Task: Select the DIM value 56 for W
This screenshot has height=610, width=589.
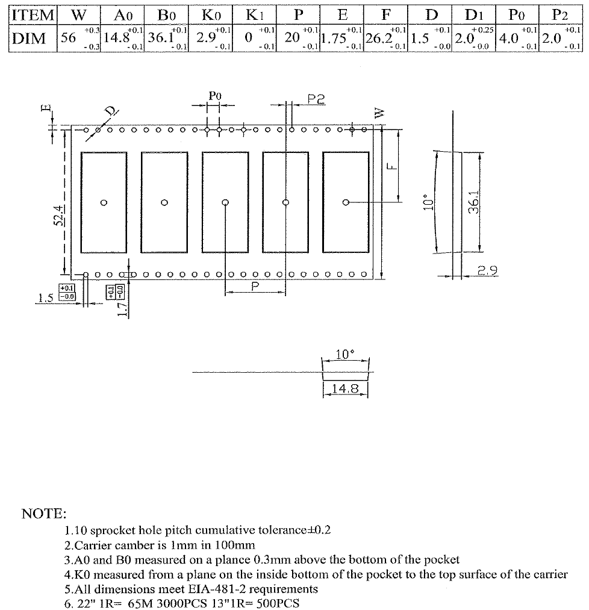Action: click(x=69, y=38)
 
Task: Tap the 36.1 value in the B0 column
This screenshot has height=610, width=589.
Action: click(x=161, y=38)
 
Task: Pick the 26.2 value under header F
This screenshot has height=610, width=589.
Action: click(x=378, y=39)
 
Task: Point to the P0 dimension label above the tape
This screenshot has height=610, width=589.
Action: click(x=214, y=96)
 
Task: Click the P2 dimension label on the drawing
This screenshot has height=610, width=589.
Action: click(x=316, y=99)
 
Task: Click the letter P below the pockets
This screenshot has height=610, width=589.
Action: click(x=255, y=287)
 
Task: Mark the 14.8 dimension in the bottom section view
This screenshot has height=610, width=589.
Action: click(x=345, y=389)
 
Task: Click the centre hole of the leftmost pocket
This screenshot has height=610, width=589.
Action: click(x=104, y=202)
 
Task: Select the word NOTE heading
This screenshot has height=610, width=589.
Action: click(x=44, y=514)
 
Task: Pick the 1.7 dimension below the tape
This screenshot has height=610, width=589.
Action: click(x=123, y=308)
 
